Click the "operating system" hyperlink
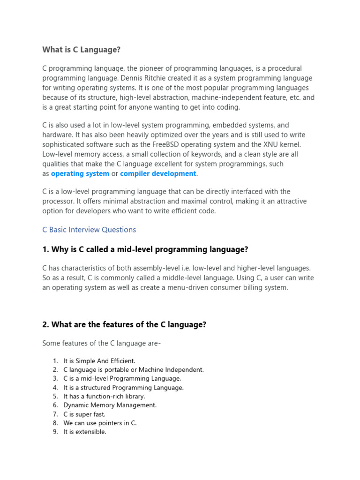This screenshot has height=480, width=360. tap(80, 173)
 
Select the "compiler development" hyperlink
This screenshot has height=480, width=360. tap(158, 173)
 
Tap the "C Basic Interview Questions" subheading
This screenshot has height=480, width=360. tap(89, 230)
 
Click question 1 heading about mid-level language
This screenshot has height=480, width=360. tap(145, 250)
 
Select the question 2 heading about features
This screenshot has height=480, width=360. tap(124, 324)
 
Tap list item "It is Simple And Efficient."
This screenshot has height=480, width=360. tap(99, 361)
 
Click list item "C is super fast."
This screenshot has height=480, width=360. tap(84, 414)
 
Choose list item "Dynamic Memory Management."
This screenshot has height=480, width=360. tap(110, 405)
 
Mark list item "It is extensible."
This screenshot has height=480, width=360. tap(85, 432)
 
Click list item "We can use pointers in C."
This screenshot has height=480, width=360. tap(100, 423)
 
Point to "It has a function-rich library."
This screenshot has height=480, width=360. tap(104, 396)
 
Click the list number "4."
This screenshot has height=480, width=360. tap(55, 388)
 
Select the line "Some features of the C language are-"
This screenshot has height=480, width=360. tap(102, 344)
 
